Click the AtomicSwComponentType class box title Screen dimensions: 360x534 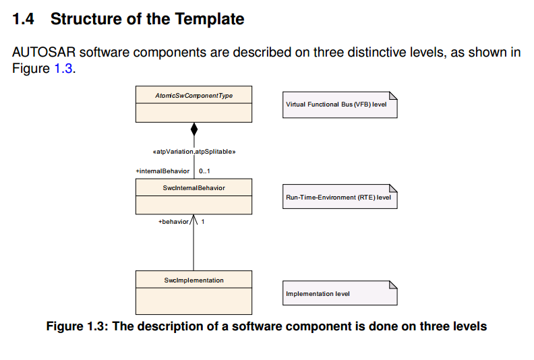click(x=194, y=96)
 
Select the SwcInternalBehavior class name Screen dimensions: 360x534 click(x=194, y=188)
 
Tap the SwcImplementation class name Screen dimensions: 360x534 click(x=194, y=280)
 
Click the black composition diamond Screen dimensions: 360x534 click(x=194, y=129)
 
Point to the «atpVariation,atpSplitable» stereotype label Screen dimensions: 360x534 click(x=194, y=152)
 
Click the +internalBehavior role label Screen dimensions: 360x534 click(x=162, y=171)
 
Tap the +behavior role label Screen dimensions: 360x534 click(x=173, y=221)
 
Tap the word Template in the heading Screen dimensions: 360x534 click(x=208, y=19)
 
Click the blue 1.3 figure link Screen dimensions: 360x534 click(x=61, y=68)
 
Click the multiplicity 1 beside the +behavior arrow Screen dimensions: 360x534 click(x=203, y=221)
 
